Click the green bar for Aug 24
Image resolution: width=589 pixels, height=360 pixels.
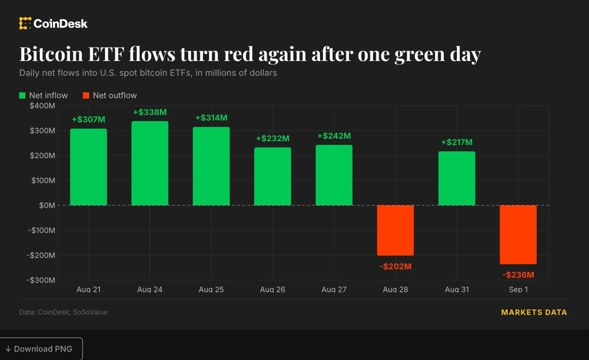pyautogui.click(x=150, y=163)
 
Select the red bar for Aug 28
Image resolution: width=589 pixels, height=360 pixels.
pyautogui.click(x=395, y=230)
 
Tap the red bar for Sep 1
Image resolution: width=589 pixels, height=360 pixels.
pyautogui.click(x=518, y=235)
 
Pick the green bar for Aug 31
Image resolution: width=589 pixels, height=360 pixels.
pyautogui.click(x=457, y=178)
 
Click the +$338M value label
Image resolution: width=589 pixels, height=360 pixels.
pyautogui.click(x=150, y=112)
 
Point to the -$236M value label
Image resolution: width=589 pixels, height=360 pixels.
pyautogui.click(x=518, y=275)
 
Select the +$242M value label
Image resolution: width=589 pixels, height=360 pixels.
pyautogui.click(x=334, y=136)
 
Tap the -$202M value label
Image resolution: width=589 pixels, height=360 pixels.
pyautogui.click(x=395, y=266)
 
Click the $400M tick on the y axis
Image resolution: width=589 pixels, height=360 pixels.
pyautogui.click(x=42, y=106)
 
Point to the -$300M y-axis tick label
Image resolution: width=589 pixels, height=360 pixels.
pyautogui.click(x=41, y=280)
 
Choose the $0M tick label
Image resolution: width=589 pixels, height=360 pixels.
pyautogui.click(x=47, y=205)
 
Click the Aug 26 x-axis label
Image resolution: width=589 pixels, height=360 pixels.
pyautogui.click(x=273, y=289)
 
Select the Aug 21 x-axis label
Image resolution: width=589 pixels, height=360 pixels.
pyautogui.click(x=89, y=289)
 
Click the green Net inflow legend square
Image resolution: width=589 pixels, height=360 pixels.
pyautogui.click(x=22, y=96)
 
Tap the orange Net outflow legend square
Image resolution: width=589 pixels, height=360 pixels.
pyautogui.click(x=86, y=96)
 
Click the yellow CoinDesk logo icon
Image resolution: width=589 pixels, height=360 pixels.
pyautogui.click(x=25, y=23)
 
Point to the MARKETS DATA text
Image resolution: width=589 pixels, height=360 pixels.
pyautogui.click(x=534, y=312)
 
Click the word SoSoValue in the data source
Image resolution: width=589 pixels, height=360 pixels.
pyautogui.click(x=90, y=312)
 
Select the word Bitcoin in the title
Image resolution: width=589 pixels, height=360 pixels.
pyautogui.click(x=51, y=54)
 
